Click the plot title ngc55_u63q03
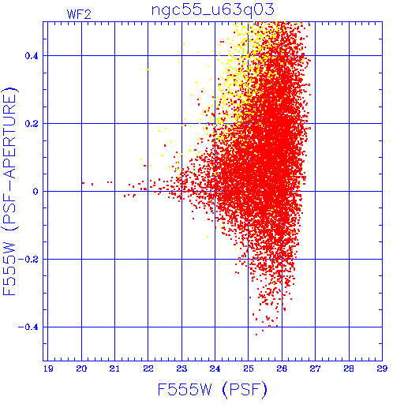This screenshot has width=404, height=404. tap(213, 10)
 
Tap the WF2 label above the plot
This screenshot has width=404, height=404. tap(79, 14)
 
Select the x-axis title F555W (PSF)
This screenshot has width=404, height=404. tap(212, 389)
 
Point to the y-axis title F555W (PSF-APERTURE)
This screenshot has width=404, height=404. tap(9, 192)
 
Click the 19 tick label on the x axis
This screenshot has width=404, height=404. tap(48, 368)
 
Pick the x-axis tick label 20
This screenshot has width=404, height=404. tap(81, 368)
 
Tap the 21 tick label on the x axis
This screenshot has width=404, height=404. tap(114, 368)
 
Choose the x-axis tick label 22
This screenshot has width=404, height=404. tap(148, 368)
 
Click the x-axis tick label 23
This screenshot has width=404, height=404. tap(181, 368)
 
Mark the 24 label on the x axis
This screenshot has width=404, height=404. tap(215, 368)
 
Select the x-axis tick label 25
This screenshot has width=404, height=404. tap(249, 368)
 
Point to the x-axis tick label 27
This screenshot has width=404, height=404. tap(315, 368)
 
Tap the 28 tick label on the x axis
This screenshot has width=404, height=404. tap(349, 368)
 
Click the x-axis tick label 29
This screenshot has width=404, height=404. tap(382, 368)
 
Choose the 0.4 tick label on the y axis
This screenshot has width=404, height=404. tap(32, 55)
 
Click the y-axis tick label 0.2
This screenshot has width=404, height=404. tap(32, 124)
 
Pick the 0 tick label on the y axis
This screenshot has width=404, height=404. tap(36, 192)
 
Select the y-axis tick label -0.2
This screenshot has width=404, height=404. tap(28, 260)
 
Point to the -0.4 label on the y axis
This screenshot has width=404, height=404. tap(28, 327)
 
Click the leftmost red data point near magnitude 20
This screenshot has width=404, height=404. tap(83, 183)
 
